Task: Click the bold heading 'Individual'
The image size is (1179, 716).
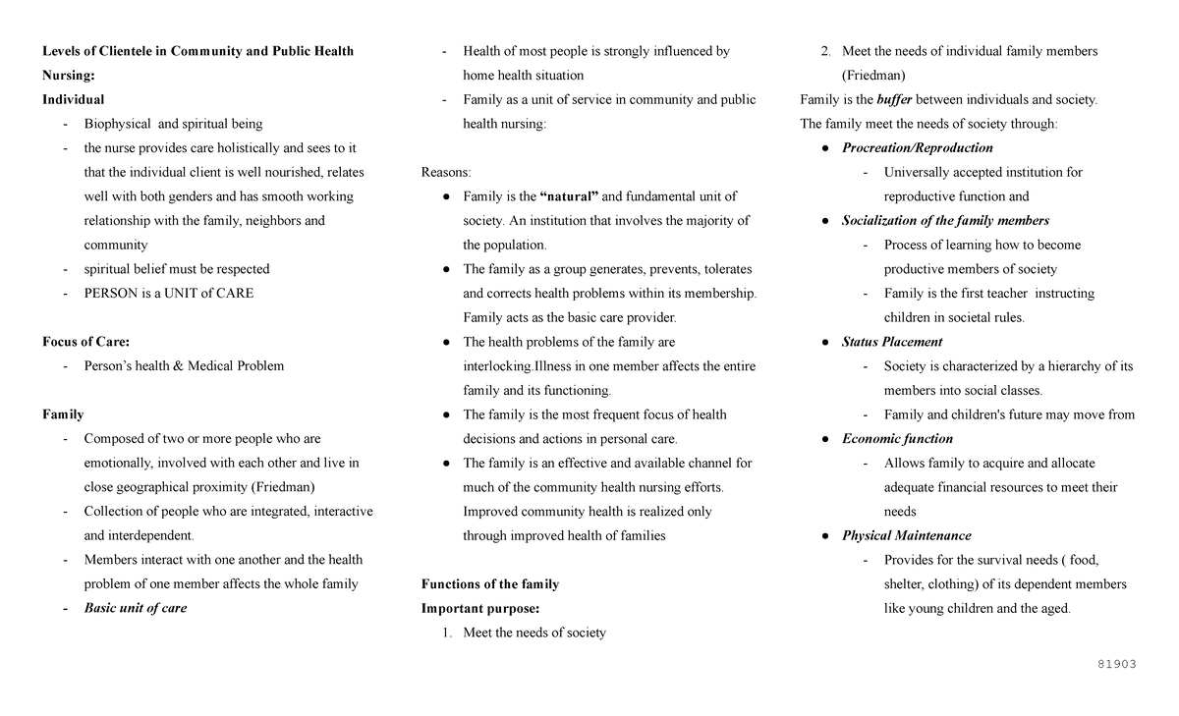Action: click(73, 99)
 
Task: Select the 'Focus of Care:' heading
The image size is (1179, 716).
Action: click(85, 342)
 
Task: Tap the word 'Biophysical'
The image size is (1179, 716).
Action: click(118, 124)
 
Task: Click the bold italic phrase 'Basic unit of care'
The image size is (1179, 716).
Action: click(135, 608)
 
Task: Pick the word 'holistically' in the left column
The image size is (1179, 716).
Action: click(249, 148)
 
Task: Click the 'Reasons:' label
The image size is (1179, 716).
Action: click(446, 172)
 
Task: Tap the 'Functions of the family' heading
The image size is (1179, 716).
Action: click(489, 584)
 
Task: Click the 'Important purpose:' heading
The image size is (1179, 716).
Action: click(479, 608)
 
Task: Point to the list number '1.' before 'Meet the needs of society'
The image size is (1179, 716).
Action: click(447, 633)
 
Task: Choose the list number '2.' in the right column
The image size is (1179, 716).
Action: click(826, 51)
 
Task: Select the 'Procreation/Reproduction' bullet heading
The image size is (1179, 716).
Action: click(917, 148)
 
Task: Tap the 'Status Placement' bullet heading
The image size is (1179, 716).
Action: click(891, 342)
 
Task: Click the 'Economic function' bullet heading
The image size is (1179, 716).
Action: click(897, 439)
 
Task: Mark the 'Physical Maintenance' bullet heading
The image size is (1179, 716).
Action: click(906, 535)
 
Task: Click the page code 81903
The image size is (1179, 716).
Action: click(1116, 664)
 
